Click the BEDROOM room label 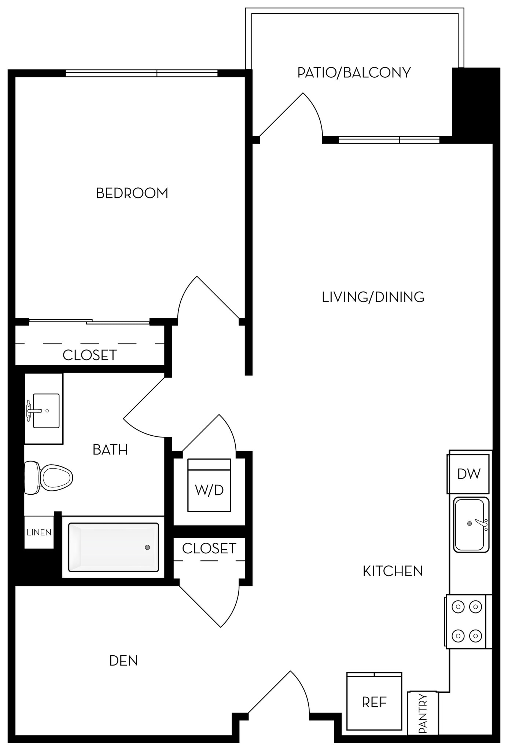click(132, 193)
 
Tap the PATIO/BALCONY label click(354, 73)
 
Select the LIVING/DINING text click(373, 297)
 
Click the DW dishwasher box click(468, 474)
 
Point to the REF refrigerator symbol click(374, 702)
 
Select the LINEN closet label click(39, 532)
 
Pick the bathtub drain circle click(147, 547)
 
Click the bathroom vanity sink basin click(46, 411)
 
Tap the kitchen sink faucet click(481, 524)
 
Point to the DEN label click(124, 661)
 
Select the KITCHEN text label click(393, 571)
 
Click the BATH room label click(110, 450)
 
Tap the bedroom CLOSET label click(89, 355)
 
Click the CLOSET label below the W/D click(209, 549)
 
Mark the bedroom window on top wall click(141, 73)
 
